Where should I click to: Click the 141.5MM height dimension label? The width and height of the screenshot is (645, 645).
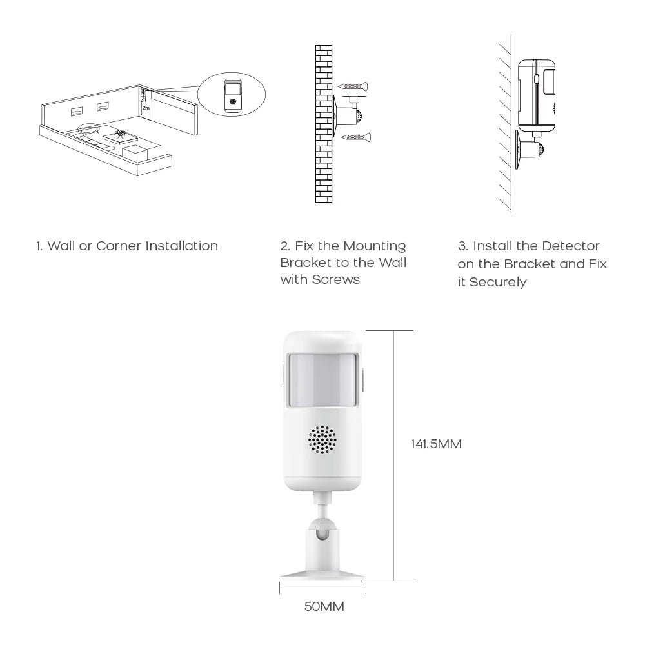tap(436, 444)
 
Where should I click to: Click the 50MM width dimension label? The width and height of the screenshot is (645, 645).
tap(324, 606)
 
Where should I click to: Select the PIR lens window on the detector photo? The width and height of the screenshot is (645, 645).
tap(322, 381)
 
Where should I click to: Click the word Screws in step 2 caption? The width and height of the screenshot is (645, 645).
tap(337, 279)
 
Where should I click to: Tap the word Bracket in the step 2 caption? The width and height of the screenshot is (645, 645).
tap(306, 263)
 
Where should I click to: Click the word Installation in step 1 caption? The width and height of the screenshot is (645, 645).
tap(181, 246)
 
